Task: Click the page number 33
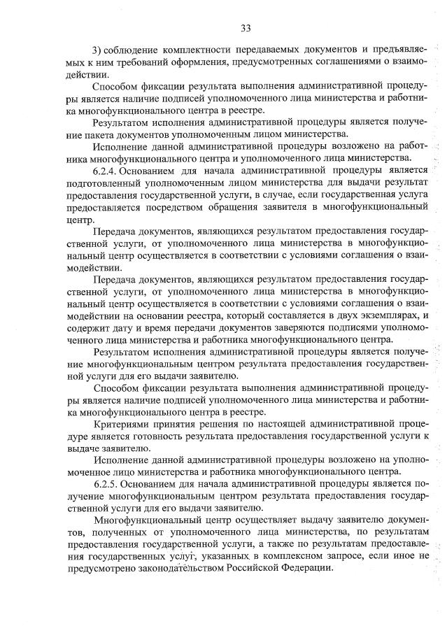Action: coord(246,28)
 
